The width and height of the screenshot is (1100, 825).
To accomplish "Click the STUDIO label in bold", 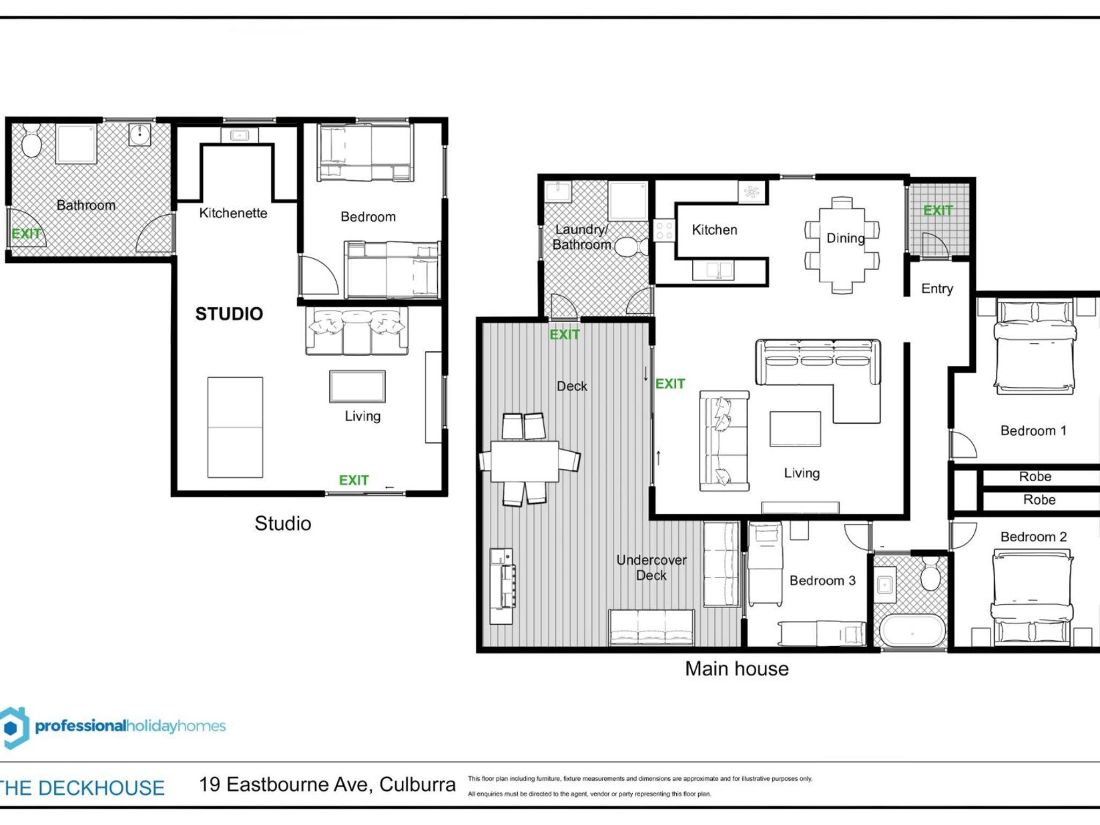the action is tap(229, 314).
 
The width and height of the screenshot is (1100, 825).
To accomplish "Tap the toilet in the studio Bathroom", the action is tap(32, 140).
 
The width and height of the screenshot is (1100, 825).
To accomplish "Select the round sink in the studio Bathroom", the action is tap(140, 134).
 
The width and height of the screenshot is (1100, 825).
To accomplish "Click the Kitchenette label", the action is tap(233, 213).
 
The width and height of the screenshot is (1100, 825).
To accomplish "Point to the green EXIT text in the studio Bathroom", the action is tap(26, 234).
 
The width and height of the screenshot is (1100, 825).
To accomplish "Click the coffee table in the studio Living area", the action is tap(357, 386).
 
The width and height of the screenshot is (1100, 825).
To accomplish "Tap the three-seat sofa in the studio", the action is tap(357, 331).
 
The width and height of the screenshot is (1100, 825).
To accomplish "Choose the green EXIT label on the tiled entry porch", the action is tap(938, 211).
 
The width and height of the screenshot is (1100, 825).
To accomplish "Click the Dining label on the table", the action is tap(845, 238).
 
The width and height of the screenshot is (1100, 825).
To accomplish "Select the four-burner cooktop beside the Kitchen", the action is tap(664, 230).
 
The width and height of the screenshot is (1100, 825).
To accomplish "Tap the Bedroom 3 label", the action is tap(822, 581).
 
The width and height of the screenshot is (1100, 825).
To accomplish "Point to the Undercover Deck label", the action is tap(652, 568).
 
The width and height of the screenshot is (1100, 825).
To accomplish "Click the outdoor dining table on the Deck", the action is tap(525, 461).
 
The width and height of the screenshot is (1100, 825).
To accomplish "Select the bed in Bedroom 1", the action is tap(1034, 347).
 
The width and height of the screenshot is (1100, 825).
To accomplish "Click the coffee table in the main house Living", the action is tap(795, 429).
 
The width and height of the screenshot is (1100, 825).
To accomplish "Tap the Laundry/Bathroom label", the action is tap(582, 237).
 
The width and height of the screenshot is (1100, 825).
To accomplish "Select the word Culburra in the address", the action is tap(417, 785).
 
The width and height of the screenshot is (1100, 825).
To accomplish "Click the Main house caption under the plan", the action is tap(737, 669).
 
